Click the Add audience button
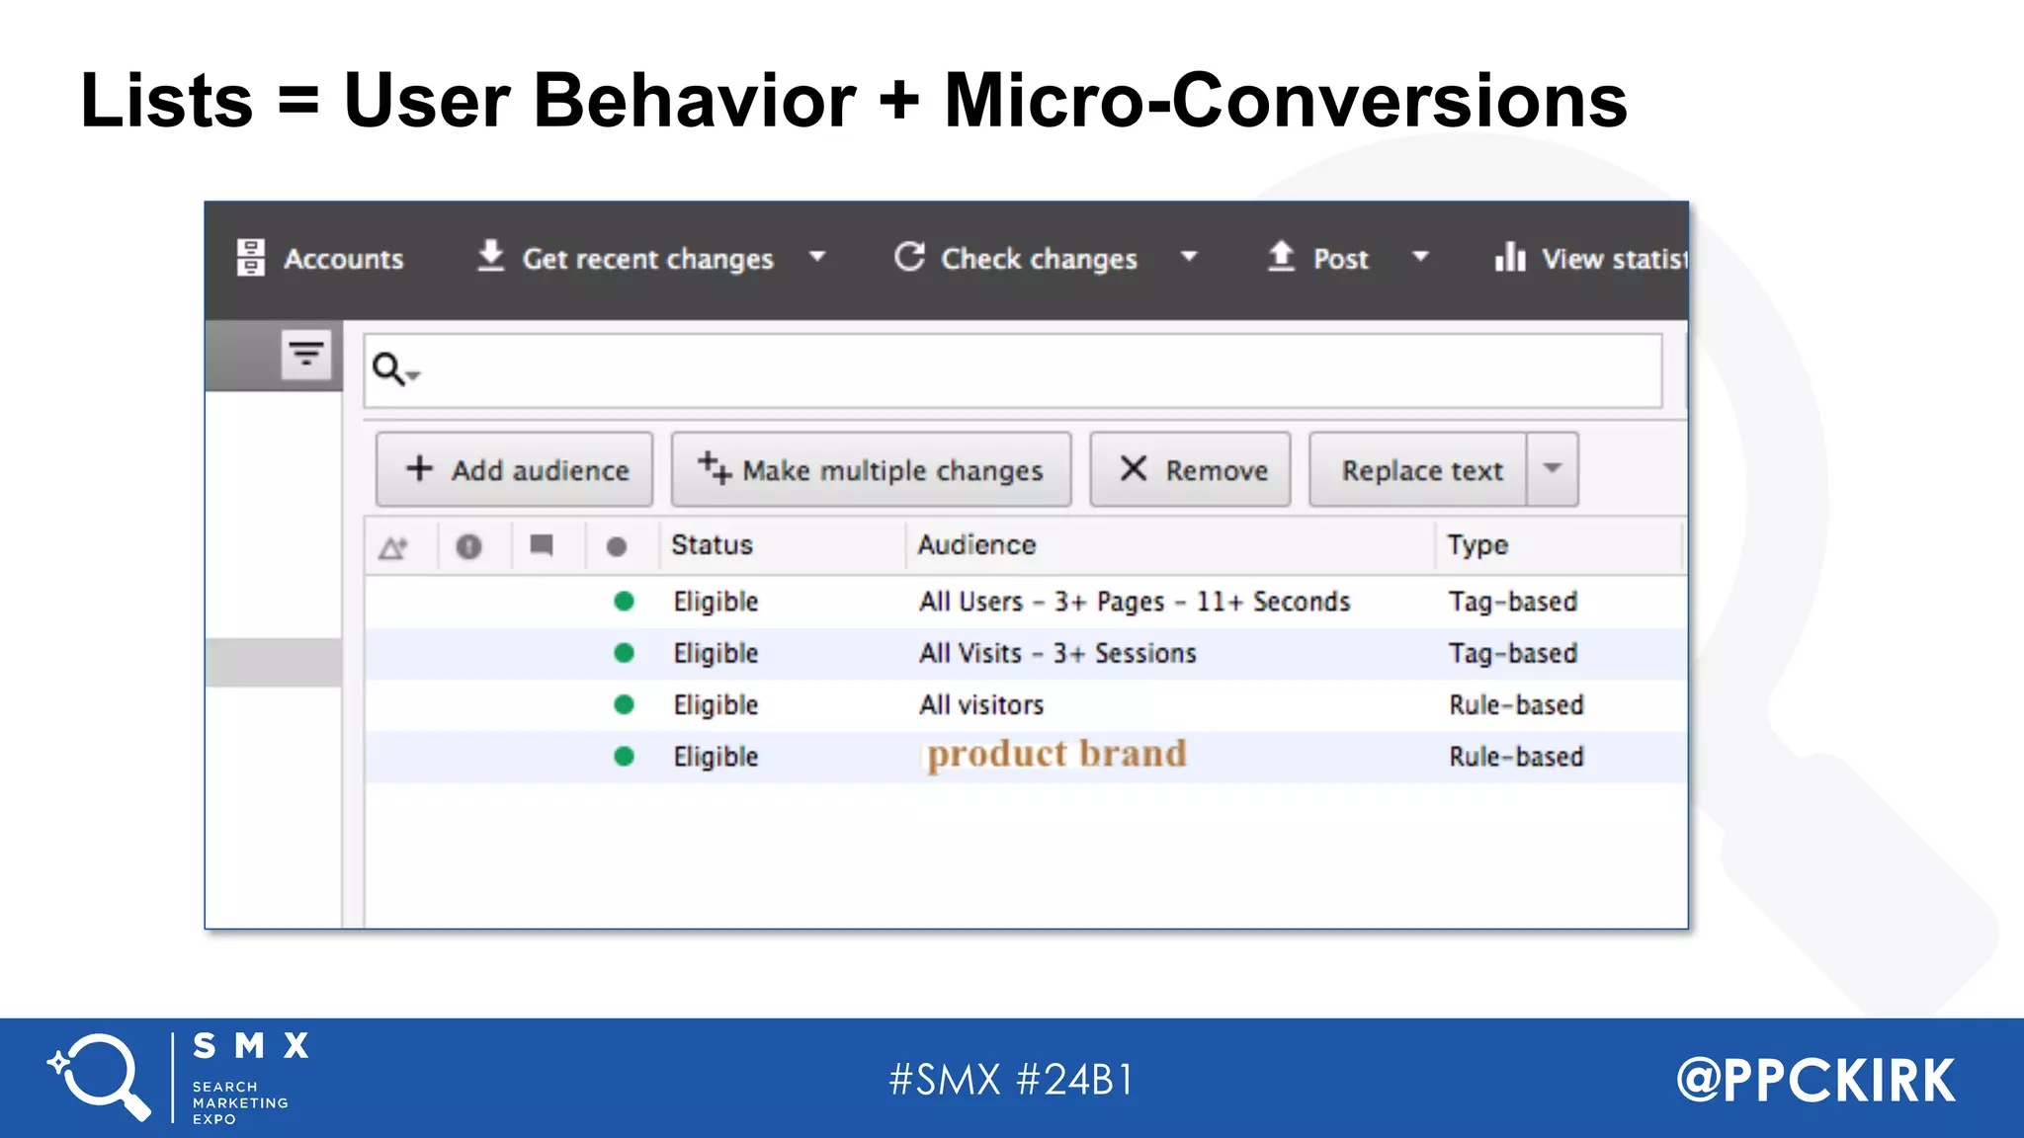click(514, 470)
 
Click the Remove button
click(1190, 470)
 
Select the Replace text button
click(1420, 470)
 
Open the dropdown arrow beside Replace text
click(1553, 469)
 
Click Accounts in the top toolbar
click(320, 259)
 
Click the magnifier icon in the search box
click(388, 369)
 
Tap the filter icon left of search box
click(306, 354)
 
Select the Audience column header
click(976, 545)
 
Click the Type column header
click(1477, 545)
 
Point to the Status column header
click(712, 545)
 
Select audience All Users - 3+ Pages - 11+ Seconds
click(1134, 602)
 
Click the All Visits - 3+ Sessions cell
click(1057, 653)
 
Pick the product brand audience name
click(1055, 755)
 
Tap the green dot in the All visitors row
click(624, 704)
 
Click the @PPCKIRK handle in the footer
click(1815, 1080)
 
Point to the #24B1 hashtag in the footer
click(1075, 1080)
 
